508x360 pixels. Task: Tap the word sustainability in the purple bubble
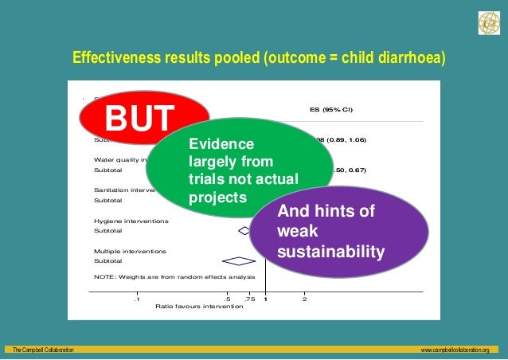[331, 252]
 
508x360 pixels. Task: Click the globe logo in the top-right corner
[487, 24]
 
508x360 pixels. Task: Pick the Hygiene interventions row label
[131, 221]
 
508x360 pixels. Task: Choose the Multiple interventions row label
[131, 251]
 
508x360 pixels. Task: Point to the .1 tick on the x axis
[137, 299]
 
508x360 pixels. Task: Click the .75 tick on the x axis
[250, 299]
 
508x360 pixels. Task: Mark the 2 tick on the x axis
[304, 299]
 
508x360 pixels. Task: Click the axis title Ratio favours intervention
[199, 307]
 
